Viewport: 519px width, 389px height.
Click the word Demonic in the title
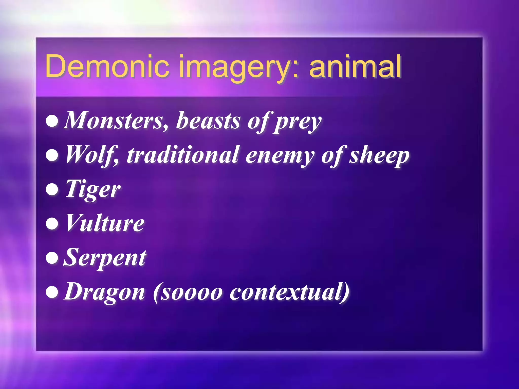(x=107, y=66)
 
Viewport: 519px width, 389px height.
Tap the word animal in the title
(x=355, y=66)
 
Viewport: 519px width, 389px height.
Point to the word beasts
(x=208, y=121)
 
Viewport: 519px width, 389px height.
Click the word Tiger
(x=93, y=189)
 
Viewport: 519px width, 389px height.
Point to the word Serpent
(x=105, y=258)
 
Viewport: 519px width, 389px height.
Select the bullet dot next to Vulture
(x=52, y=224)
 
